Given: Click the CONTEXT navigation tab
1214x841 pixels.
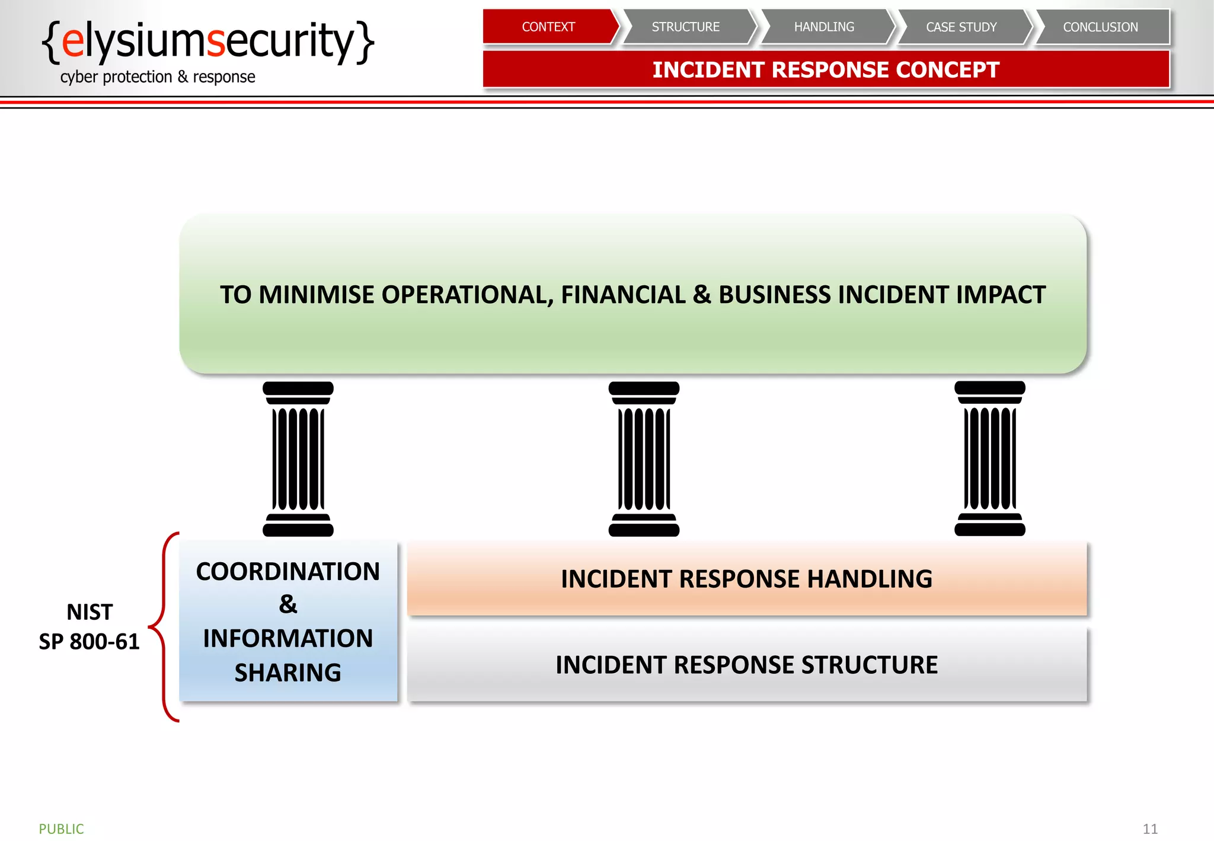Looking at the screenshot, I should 548,27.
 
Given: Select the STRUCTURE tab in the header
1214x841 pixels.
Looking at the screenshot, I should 686,27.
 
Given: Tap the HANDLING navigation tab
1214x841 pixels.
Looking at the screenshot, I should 824,27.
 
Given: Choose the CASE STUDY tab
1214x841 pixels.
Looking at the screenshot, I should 961,27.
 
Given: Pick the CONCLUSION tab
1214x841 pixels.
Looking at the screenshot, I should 1100,27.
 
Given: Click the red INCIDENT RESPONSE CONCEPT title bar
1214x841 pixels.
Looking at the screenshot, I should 826,69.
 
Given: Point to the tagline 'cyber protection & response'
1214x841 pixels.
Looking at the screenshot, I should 158,77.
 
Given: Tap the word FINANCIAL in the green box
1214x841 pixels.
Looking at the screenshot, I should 623,295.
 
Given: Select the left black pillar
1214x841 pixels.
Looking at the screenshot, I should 298,458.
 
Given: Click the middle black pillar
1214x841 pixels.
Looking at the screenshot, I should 644,458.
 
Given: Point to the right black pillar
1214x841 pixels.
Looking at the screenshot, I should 989,458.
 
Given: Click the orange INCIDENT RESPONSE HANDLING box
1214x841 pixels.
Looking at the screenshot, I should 746,579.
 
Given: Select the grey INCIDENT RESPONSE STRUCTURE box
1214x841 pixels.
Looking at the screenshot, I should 746,665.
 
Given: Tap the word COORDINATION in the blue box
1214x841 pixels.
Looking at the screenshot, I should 288,572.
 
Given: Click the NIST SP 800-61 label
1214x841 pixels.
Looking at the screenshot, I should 90,627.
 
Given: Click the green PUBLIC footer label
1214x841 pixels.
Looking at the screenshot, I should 62,829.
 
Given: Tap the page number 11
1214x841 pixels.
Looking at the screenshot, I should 1150,829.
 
